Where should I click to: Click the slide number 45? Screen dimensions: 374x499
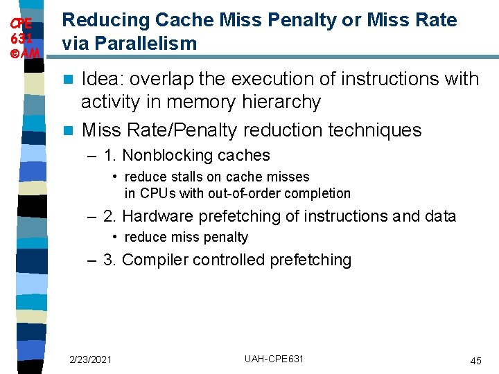coord(475,361)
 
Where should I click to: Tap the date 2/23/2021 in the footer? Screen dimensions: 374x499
coord(90,359)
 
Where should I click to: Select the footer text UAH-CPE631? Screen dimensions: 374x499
coord(274,359)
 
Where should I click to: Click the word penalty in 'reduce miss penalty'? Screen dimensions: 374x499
coord(224,237)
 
